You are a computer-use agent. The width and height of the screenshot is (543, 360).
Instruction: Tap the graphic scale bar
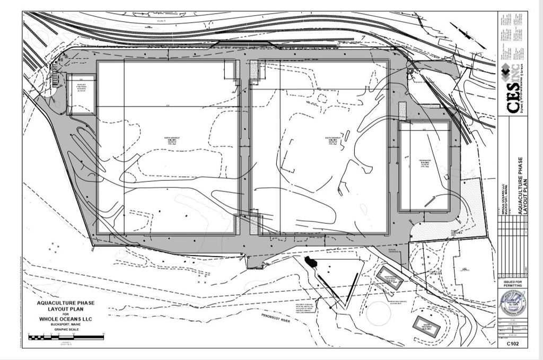click(x=66, y=336)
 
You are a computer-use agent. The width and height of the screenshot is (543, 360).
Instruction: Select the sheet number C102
click(x=512, y=344)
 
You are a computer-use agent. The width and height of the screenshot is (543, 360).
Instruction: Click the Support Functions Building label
click(x=82, y=87)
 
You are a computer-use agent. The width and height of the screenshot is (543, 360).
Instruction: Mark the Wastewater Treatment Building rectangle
click(x=390, y=277)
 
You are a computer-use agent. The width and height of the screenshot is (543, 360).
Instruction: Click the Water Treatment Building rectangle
click(x=427, y=327)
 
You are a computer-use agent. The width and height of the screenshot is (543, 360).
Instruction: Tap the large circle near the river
click(x=379, y=313)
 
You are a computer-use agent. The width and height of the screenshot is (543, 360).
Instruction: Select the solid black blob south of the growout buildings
click(x=310, y=262)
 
